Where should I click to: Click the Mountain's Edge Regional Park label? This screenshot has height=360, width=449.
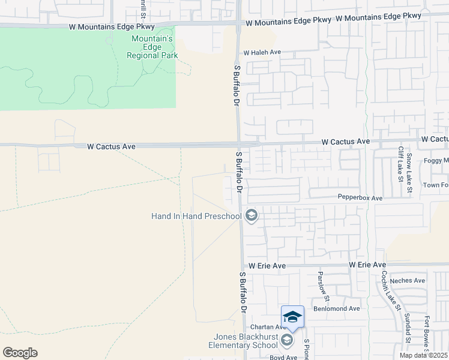pos(152,47)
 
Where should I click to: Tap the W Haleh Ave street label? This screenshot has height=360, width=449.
pos(263,52)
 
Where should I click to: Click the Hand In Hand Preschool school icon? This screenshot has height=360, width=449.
pos(252,215)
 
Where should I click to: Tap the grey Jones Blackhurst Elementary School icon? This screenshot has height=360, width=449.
pos(287,341)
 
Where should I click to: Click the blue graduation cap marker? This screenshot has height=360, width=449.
pos(292,317)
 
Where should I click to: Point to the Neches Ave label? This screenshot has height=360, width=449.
pos(408,280)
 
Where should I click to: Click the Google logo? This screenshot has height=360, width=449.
pos(20,353)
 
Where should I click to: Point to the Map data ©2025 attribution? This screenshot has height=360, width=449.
pos(423,355)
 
